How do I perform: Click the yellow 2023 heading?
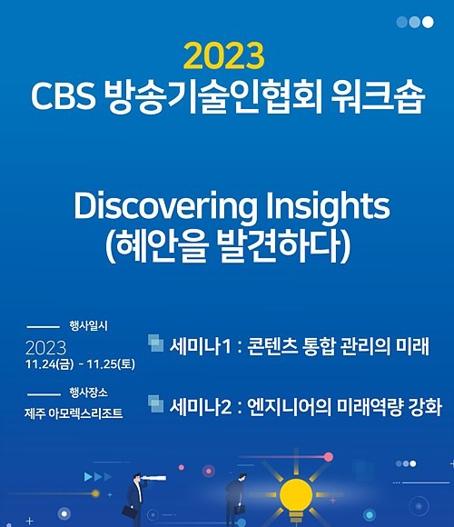coord(224,55)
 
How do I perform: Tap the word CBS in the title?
coord(64,96)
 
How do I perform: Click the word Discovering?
coord(164,206)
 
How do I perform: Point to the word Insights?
coord(328,205)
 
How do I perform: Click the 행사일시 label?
coord(89,325)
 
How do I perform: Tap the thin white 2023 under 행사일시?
coord(46,348)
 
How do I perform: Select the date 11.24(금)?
coord(49,364)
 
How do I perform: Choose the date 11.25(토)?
coord(111,364)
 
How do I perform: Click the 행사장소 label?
coord(89,393)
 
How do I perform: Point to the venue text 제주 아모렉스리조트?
coord(74,413)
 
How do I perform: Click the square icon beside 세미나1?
coord(156,343)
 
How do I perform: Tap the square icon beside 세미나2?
coord(156,403)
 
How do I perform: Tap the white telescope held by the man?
coord(153,478)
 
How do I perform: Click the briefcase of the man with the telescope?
coord(129,512)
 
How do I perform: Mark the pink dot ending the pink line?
coord(329,457)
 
